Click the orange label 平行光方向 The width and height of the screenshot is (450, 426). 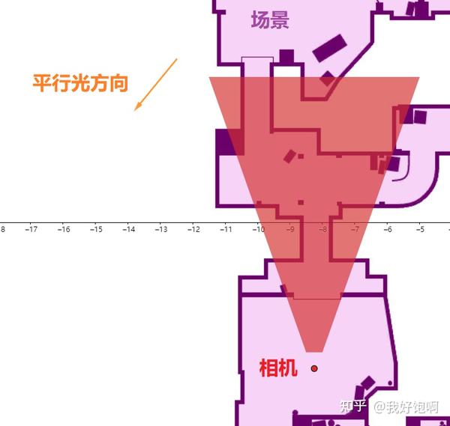coord(80,82)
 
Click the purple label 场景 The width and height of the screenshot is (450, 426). coord(270,20)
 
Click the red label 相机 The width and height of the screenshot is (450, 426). coord(278,368)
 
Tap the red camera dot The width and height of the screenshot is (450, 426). coord(314,368)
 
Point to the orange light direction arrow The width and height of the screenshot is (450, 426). coord(156,84)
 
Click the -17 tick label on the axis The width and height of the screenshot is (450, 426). coord(31,230)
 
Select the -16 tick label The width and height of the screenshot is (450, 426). coord(64,230)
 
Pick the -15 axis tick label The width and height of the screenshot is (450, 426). coord(96,230)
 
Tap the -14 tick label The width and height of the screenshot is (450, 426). coord(128,230)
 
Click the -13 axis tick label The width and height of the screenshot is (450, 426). coord(160,230)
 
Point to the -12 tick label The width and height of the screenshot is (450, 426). coord(193,230)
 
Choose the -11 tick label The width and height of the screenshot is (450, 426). coord(225,230)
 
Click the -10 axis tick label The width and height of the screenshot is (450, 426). coord(258,230)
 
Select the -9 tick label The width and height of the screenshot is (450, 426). coord(290,230)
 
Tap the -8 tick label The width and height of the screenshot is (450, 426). coord(322,230)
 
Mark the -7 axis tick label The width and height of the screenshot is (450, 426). coord(355,230)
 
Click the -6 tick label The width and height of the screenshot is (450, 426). coord(387,230)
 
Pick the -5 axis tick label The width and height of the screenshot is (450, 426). coord(419,230)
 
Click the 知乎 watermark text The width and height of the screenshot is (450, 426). coord(352,407)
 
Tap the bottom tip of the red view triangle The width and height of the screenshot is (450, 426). coord(314,350)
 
